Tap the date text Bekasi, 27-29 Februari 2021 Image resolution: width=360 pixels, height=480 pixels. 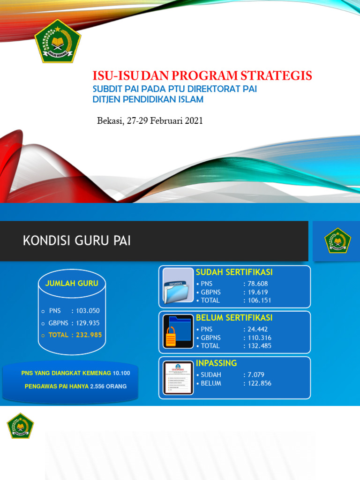(150, 120)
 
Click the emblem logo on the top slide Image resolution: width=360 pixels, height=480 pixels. (57, 41)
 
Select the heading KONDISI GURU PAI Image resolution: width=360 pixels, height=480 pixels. (77, 241)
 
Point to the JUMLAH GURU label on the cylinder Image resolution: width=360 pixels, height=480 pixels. (72, 283)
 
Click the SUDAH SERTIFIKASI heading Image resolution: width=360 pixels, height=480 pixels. (234, 272)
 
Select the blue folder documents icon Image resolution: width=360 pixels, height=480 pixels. (178, 286)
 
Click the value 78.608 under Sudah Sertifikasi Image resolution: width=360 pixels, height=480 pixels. (257, 284)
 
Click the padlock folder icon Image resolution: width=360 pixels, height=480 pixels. (178, 332)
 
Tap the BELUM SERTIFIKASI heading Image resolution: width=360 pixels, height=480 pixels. (234, 318)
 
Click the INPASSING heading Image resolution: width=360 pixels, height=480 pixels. (217, 363)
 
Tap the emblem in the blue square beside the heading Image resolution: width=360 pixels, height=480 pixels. (337, 240)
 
